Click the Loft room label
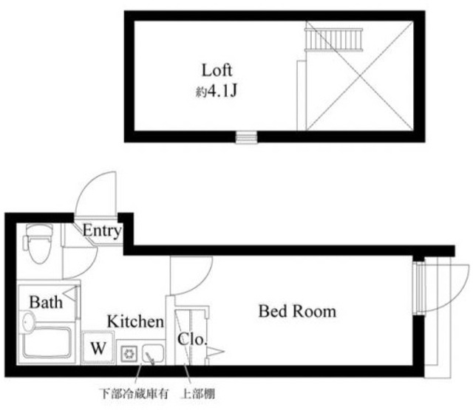217,70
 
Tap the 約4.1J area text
217,94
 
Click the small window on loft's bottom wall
246,137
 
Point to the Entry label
101,231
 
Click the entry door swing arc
97,194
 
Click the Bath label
45,301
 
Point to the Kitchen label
135,322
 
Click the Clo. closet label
191,341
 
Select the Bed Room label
296,311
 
